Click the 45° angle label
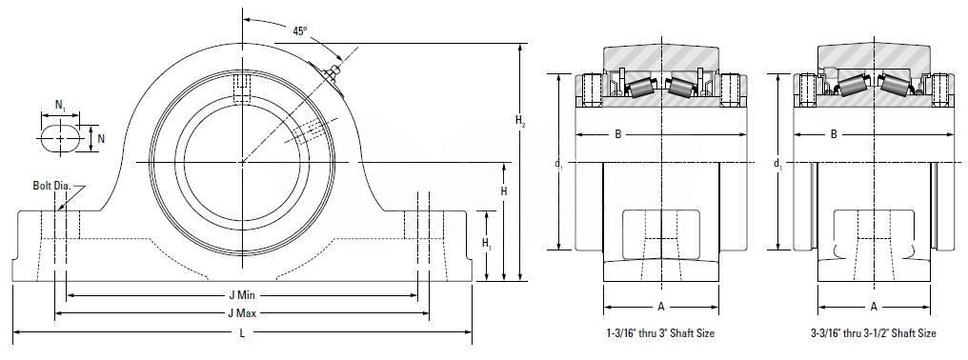point(299,31)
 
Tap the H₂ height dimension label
point(520,122)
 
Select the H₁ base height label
point(487,243)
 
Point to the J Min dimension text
point(242,296)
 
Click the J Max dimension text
point(242,313)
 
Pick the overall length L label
point(242,332)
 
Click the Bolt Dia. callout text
point(52,186)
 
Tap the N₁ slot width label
point(61,106)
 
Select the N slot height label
point(101,139)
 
